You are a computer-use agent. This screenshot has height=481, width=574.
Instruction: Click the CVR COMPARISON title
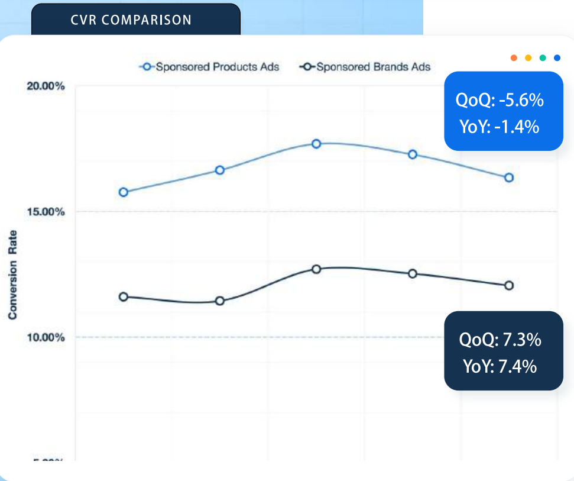[131, 20]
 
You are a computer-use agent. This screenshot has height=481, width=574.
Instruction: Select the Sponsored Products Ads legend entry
[209, 66]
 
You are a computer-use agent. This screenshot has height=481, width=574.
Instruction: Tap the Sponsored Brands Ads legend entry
[366, 66]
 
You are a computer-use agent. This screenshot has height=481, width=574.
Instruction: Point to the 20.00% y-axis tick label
[46, 86]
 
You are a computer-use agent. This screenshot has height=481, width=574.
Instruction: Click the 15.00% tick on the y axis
[46, 212]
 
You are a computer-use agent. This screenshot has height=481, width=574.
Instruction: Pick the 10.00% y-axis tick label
[46, 337]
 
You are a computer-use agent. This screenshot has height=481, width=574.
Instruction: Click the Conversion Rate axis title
[12, 275]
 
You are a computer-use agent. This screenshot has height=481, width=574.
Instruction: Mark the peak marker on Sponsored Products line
[316, 144]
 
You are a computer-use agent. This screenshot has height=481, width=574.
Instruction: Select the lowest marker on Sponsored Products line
[124, 192]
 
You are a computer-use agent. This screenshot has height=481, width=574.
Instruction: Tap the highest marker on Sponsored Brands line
[316, 269]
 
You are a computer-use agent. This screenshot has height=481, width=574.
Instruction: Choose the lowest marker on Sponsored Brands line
[220, 301]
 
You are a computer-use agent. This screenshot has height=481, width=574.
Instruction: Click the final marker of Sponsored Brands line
[509, 285]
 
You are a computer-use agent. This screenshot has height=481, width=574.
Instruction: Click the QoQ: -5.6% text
[500, 101]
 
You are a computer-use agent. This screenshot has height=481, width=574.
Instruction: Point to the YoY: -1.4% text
[499, 127]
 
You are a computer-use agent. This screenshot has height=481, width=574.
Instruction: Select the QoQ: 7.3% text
[500, 340]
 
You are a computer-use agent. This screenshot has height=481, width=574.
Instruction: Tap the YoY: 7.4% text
[500, 367]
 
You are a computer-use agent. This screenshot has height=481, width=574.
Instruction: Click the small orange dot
[514, 57]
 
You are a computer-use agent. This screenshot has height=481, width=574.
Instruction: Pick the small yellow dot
[528, 57]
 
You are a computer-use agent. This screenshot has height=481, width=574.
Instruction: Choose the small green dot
[543, 57]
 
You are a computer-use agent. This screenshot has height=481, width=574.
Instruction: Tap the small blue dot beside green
[557, 57]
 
